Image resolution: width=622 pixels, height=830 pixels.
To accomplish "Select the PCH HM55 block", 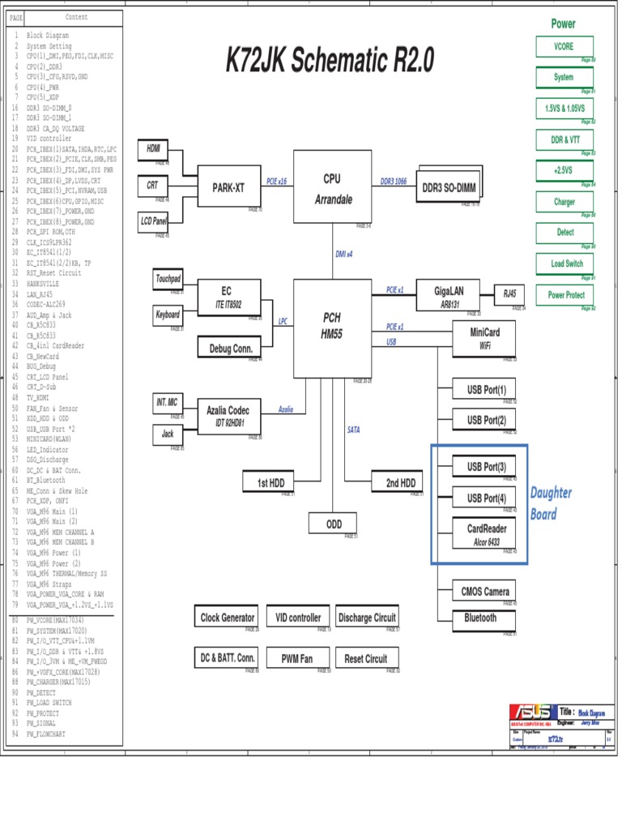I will point(332,326).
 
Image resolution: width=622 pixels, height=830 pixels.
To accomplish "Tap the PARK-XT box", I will point(228,188).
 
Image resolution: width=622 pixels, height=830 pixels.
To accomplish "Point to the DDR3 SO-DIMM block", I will point(450,187).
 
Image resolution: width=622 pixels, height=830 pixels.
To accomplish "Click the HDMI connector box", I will point(153,149).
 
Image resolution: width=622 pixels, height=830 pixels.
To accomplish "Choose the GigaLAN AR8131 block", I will point(447,296).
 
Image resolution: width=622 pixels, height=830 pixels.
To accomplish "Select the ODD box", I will point(334,524).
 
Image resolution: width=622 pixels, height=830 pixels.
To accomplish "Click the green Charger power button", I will point(564,202).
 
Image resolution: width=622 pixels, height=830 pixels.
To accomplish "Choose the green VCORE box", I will point(564,47).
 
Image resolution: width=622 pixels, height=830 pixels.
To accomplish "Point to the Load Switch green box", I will point(564,263).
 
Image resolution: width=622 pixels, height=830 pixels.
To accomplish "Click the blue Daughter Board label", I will point(551,503).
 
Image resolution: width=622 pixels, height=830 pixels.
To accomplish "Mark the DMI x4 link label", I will point(344,254).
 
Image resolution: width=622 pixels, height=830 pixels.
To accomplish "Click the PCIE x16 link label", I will point(276,182).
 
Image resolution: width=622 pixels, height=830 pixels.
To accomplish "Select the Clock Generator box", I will point(227,618).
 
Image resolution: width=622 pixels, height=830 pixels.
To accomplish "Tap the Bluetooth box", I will point(480,618).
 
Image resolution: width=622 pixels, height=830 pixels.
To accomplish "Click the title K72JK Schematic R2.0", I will point(330,60).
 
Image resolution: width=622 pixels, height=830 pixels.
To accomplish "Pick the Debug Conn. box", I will point(231,349).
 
